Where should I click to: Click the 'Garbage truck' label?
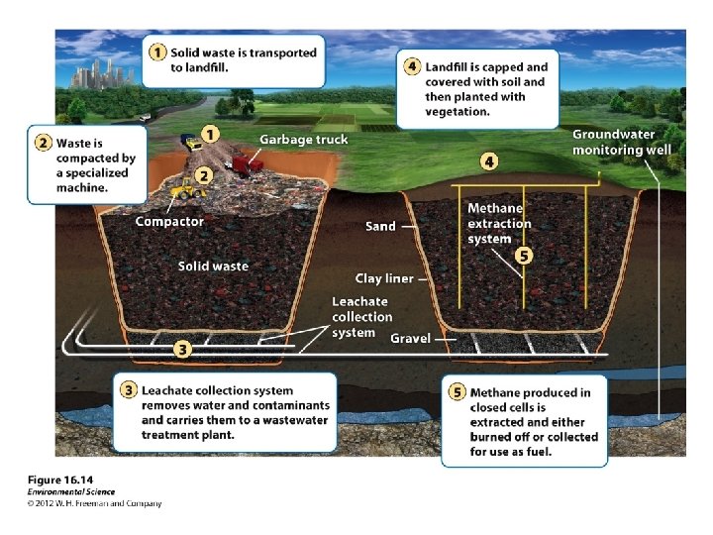click(x=303, y=140)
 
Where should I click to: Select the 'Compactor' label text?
click(x=169, y=221)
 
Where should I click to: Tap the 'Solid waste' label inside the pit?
click(x=213, y=266)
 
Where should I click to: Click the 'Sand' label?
click(x=380, y=226)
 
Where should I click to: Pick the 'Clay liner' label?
click(x=384, y=278)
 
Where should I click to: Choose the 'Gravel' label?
click(x=410, y=339)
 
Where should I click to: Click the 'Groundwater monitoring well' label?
click(x=621, y=142)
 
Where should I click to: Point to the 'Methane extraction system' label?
click(x=499, y=223)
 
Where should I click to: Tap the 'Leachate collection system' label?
click(x=361, y=316)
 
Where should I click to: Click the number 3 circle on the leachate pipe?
click(x=182, y=349)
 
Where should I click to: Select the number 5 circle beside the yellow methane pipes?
click(x=524, y=256)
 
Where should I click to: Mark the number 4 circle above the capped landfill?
click(x=489, y=160)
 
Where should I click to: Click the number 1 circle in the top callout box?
click(x=156, y=53)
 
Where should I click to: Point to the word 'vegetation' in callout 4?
click(x=458, y=112)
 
